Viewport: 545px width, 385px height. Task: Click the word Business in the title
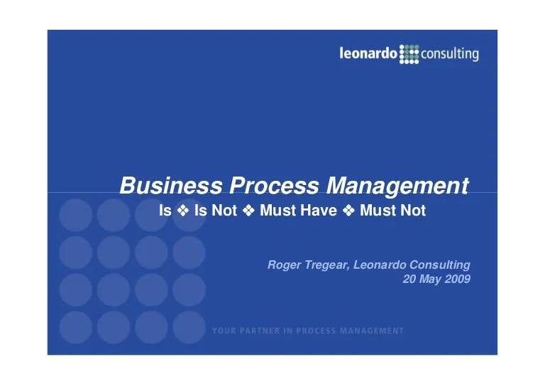tap(171, 185)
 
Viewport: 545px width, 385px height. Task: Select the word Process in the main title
tap(274, 185)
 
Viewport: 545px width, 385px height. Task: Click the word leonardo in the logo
tap(368, 53)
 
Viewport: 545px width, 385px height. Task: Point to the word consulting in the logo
tap(450, 54)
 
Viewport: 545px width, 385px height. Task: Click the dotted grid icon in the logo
tap(409, 54)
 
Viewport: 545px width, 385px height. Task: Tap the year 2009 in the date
tap(458, 279)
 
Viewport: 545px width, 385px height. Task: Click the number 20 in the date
tap(409, 279)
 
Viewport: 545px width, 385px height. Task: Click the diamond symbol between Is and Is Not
tap(183, 211)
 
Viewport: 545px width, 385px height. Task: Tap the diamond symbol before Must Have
tap(248, 211)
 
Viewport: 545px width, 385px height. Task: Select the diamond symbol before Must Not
tap(348, 211)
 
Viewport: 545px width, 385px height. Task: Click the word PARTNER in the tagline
tap(260, 331)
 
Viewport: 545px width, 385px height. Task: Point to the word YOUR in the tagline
tap(224, 331)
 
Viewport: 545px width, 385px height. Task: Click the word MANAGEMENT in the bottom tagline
tap(372, 331)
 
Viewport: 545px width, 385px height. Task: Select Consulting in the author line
tap(440, 265)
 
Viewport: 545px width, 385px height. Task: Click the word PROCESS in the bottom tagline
tap(316, 331)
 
